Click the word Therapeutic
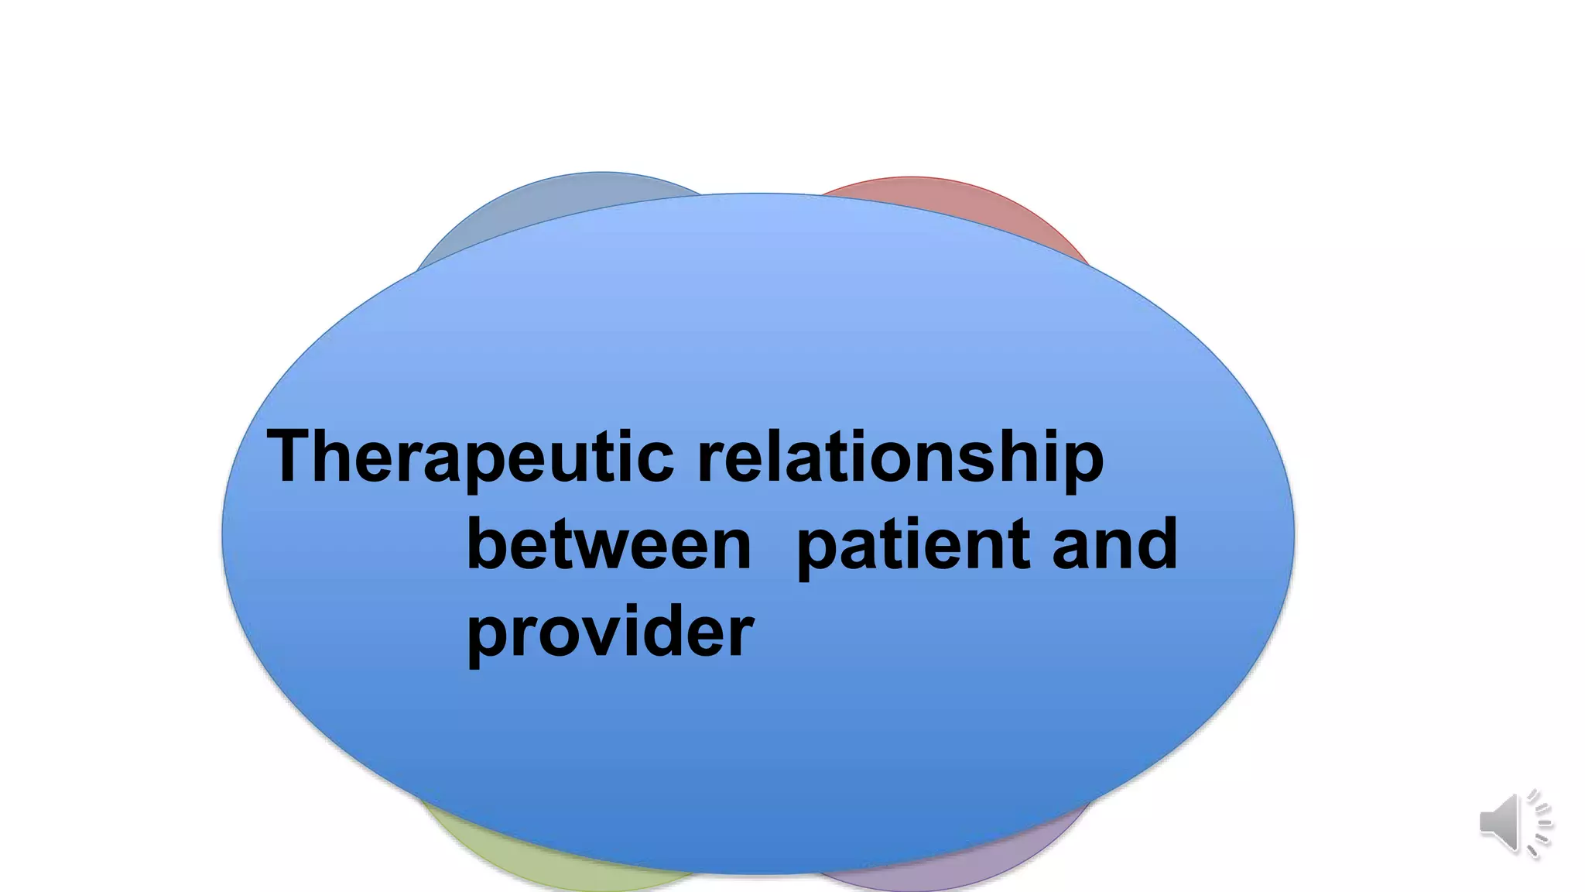coord(471,458)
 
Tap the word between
coord(609,544)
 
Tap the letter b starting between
coord(484,544)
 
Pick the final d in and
coord(1158,544)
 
